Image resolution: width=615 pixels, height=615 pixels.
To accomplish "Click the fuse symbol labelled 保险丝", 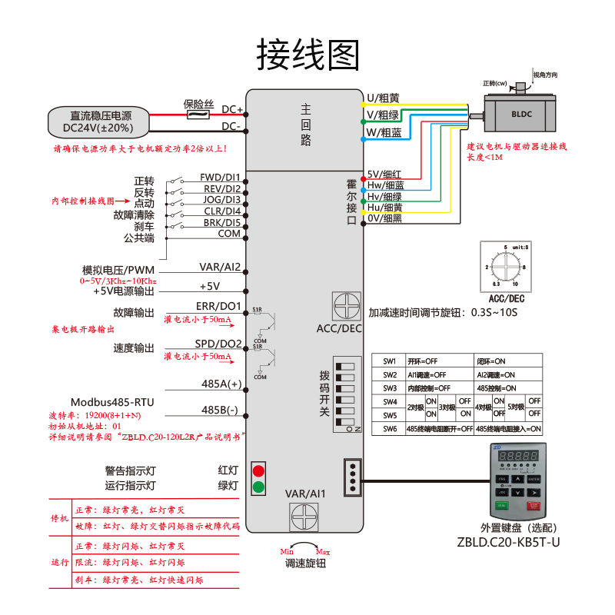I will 198,115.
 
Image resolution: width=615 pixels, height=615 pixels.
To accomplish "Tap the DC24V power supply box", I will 98,122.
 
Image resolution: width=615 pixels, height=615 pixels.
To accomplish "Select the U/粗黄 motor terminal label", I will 383,98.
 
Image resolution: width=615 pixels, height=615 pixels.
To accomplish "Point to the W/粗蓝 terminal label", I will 384,132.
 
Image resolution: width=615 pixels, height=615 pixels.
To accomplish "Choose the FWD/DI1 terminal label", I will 221,177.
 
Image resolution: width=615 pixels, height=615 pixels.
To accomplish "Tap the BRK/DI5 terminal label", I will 222,223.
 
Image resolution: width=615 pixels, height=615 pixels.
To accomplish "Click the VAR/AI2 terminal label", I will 221,268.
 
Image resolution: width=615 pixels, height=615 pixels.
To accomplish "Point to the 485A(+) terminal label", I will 221,383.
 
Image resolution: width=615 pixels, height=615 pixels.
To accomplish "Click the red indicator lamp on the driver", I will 259,470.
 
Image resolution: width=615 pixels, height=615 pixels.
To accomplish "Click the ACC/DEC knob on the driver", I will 347,306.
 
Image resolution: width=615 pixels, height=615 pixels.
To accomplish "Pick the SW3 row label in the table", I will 390,388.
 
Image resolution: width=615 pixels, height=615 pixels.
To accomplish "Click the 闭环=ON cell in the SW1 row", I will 490,361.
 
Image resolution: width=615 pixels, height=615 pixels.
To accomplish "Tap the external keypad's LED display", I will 517,456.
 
